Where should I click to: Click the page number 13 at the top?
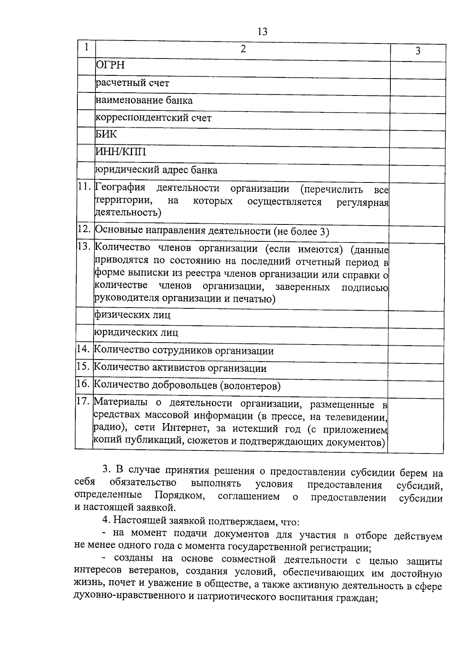[x=262, y=32]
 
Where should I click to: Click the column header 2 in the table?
[x=243, y=49]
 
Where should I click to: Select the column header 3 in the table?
[x=418, y=51]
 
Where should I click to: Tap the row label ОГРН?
[x=110, y=65]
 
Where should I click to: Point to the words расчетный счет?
[x=132, y=83]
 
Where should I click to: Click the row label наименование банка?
[x=144, y=100]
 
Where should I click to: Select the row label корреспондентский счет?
[x=153, y=118]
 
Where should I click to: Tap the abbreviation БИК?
[x=106, y=134]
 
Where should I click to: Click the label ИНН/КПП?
[x=121, y=152]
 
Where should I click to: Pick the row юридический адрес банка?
[x=156, y=170]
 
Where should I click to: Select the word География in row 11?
[x=121, y=188]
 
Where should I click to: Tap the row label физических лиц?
[x=132, y=315]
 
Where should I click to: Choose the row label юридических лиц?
[x=136, y=332]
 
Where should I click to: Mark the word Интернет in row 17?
[x=185, y=428]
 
